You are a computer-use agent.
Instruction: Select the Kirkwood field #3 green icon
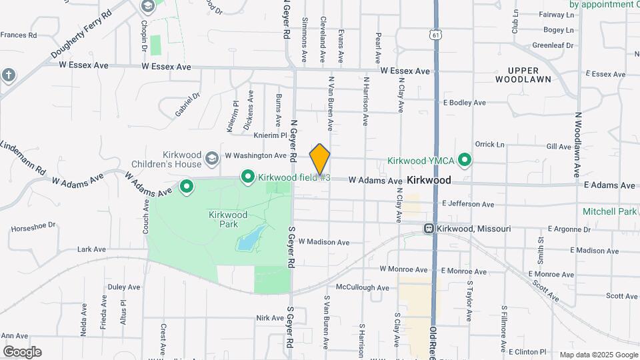click(248, 177)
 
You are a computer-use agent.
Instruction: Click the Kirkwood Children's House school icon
click(212, 158)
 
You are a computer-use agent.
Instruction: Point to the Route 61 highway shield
click(435, 34)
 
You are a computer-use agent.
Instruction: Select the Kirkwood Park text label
click(228, 220)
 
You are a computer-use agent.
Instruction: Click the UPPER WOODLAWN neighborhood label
click(523, 75)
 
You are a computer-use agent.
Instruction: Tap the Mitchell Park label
click(609, 211)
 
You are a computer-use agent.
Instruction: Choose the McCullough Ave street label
click(362, 288)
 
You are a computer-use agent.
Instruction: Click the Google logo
click(22, 352)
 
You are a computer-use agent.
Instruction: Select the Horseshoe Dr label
click(34, 227)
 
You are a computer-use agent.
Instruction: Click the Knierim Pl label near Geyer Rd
click(270, 134)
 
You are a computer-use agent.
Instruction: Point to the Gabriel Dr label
click(187, 105)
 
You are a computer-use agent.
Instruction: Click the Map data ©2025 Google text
click(599, 355)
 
